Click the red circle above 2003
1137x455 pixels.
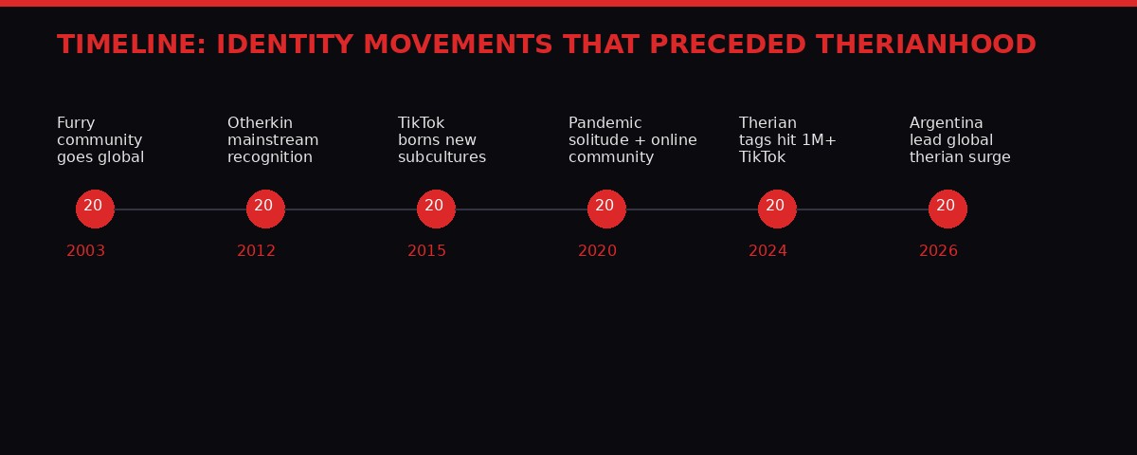[x=95, y=209]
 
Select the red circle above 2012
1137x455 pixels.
[x=265, y=209]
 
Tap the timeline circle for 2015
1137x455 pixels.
[x=436, y=209]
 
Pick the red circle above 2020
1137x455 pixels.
[x=606, y=209]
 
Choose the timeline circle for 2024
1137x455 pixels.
[x=777, y=209]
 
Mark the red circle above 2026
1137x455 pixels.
[x=947, y=209]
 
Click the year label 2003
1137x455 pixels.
[x=85, y=251]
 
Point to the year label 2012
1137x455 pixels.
[x=256, y=251]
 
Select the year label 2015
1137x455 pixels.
[x=426, y=251]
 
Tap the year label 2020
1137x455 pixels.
[x=597, y=251]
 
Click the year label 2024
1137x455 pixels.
[x=767, y=251]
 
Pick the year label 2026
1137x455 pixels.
[x=938, y=251]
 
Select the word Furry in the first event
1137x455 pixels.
[x=76, y=123]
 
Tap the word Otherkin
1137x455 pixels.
[x=260, y=123]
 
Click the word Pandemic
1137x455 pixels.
[x=605, y=123]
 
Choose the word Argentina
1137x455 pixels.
[x=946, y=123]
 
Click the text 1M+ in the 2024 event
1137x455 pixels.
[x=819, y=140]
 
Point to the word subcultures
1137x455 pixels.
[x=442, y=157]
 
